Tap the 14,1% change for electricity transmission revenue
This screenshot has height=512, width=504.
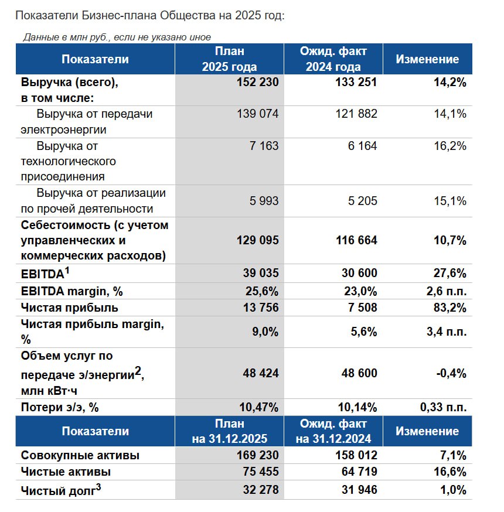point(450,114)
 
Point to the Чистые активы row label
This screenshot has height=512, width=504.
point(66,472)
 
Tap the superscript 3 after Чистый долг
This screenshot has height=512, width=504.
point(98,485)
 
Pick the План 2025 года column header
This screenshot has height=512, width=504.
point(229,59)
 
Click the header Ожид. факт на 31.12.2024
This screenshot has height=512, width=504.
point(333,431)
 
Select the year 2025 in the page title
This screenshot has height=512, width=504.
point(247,16)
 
